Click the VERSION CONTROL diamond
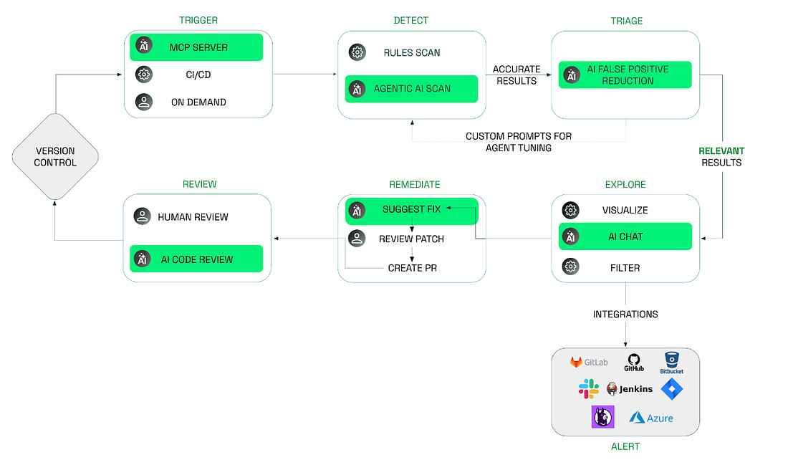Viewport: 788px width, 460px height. point(55,156)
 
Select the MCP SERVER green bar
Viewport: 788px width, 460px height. point(196,47)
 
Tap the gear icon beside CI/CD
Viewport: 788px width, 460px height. point(144,74)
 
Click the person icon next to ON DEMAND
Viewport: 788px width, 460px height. point(144,102)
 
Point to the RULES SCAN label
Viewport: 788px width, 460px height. point(412,52)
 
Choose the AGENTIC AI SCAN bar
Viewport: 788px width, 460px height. point(411,89)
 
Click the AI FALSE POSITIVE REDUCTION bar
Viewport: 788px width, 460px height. point(625,75)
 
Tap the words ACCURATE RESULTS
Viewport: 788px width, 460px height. point(516,75)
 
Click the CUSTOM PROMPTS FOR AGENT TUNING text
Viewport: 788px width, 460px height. point(518,142)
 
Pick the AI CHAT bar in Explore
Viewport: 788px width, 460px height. point(625,236)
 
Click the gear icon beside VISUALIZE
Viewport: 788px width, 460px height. point(571,210)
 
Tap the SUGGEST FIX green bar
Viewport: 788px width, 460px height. point(411,209)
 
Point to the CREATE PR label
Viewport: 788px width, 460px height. point(412,268)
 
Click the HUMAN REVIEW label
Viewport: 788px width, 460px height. point(193,216)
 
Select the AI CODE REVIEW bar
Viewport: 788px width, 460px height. point(196,259)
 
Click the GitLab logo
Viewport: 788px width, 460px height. point(588,363)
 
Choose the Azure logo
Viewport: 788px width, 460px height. point(651,417)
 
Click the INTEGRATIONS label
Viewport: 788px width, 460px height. point(625,314)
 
